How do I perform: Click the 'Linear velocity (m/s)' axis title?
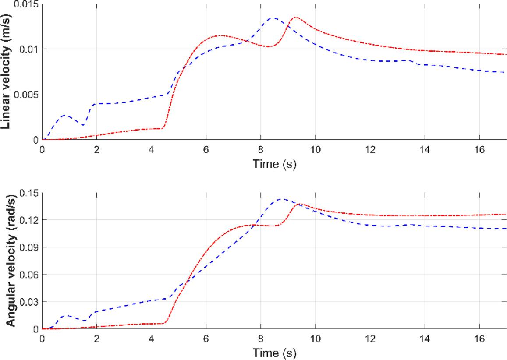6,70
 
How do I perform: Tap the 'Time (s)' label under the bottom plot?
274,352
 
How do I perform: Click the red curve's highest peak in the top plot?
296,17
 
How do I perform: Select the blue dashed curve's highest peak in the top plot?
273,18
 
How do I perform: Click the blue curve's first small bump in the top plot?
64,115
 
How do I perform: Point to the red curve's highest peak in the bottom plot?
300,204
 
